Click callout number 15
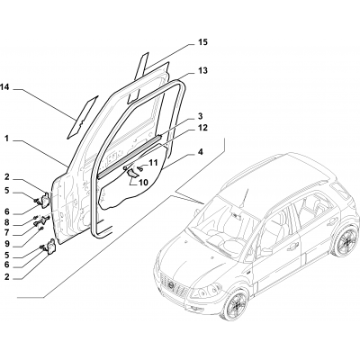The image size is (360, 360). [x=202, y=42]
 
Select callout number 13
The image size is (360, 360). [x=202, y=71]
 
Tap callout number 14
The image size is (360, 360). [x=4, y=87]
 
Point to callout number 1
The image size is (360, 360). [x=6, y=139]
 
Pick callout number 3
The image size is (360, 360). [x=201, y=116]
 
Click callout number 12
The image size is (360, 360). [x=202, y=128]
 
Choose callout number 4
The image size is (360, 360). [x=201, y=152]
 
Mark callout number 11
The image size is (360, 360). [x=153, y=163]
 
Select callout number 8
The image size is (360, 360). [x=6, y=222]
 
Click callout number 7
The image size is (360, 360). [x=6, y=232]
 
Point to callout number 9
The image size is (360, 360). [x=6, y=244]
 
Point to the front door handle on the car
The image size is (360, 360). [x=292, y=247]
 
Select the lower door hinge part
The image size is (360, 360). [x=51, y=247]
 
